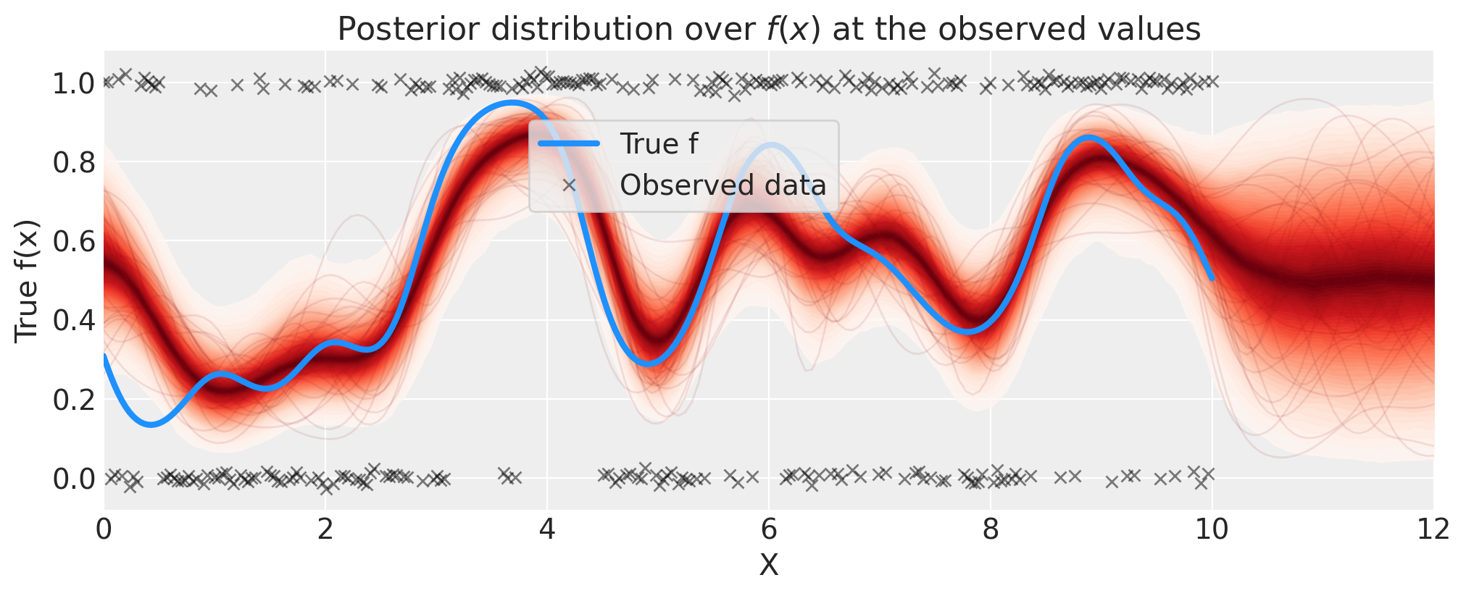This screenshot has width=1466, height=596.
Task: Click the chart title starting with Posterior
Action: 769,30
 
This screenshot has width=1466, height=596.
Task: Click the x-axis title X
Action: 769,566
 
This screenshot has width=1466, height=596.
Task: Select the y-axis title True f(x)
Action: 27,280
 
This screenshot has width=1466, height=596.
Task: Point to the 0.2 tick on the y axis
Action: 74,399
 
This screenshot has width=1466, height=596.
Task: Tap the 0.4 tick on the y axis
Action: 74,320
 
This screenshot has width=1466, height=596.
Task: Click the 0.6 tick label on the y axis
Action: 74,241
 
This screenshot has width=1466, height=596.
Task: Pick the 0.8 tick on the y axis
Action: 74,162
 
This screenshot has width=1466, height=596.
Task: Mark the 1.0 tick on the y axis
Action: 74,83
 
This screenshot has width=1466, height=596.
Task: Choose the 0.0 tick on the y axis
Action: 74,478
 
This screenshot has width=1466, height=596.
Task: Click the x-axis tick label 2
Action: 325,530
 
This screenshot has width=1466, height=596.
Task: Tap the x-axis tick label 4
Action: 547,530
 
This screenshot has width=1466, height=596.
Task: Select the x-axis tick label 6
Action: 769,530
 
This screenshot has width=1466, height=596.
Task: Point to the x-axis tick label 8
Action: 991,530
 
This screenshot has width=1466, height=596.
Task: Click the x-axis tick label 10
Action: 1212,530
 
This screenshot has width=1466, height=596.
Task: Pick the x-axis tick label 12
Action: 1433,530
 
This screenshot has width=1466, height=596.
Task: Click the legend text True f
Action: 659,144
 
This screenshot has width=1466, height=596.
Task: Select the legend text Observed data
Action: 722,185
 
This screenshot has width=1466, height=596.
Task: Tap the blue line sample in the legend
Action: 569,144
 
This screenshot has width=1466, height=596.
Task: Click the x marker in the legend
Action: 569,185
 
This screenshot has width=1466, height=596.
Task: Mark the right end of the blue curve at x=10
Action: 1212,278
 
